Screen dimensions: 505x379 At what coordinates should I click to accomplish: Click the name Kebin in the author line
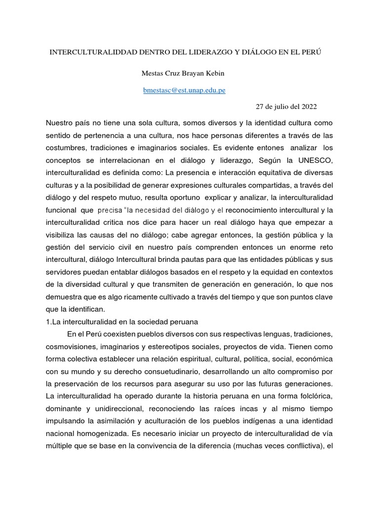coord(213,74)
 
